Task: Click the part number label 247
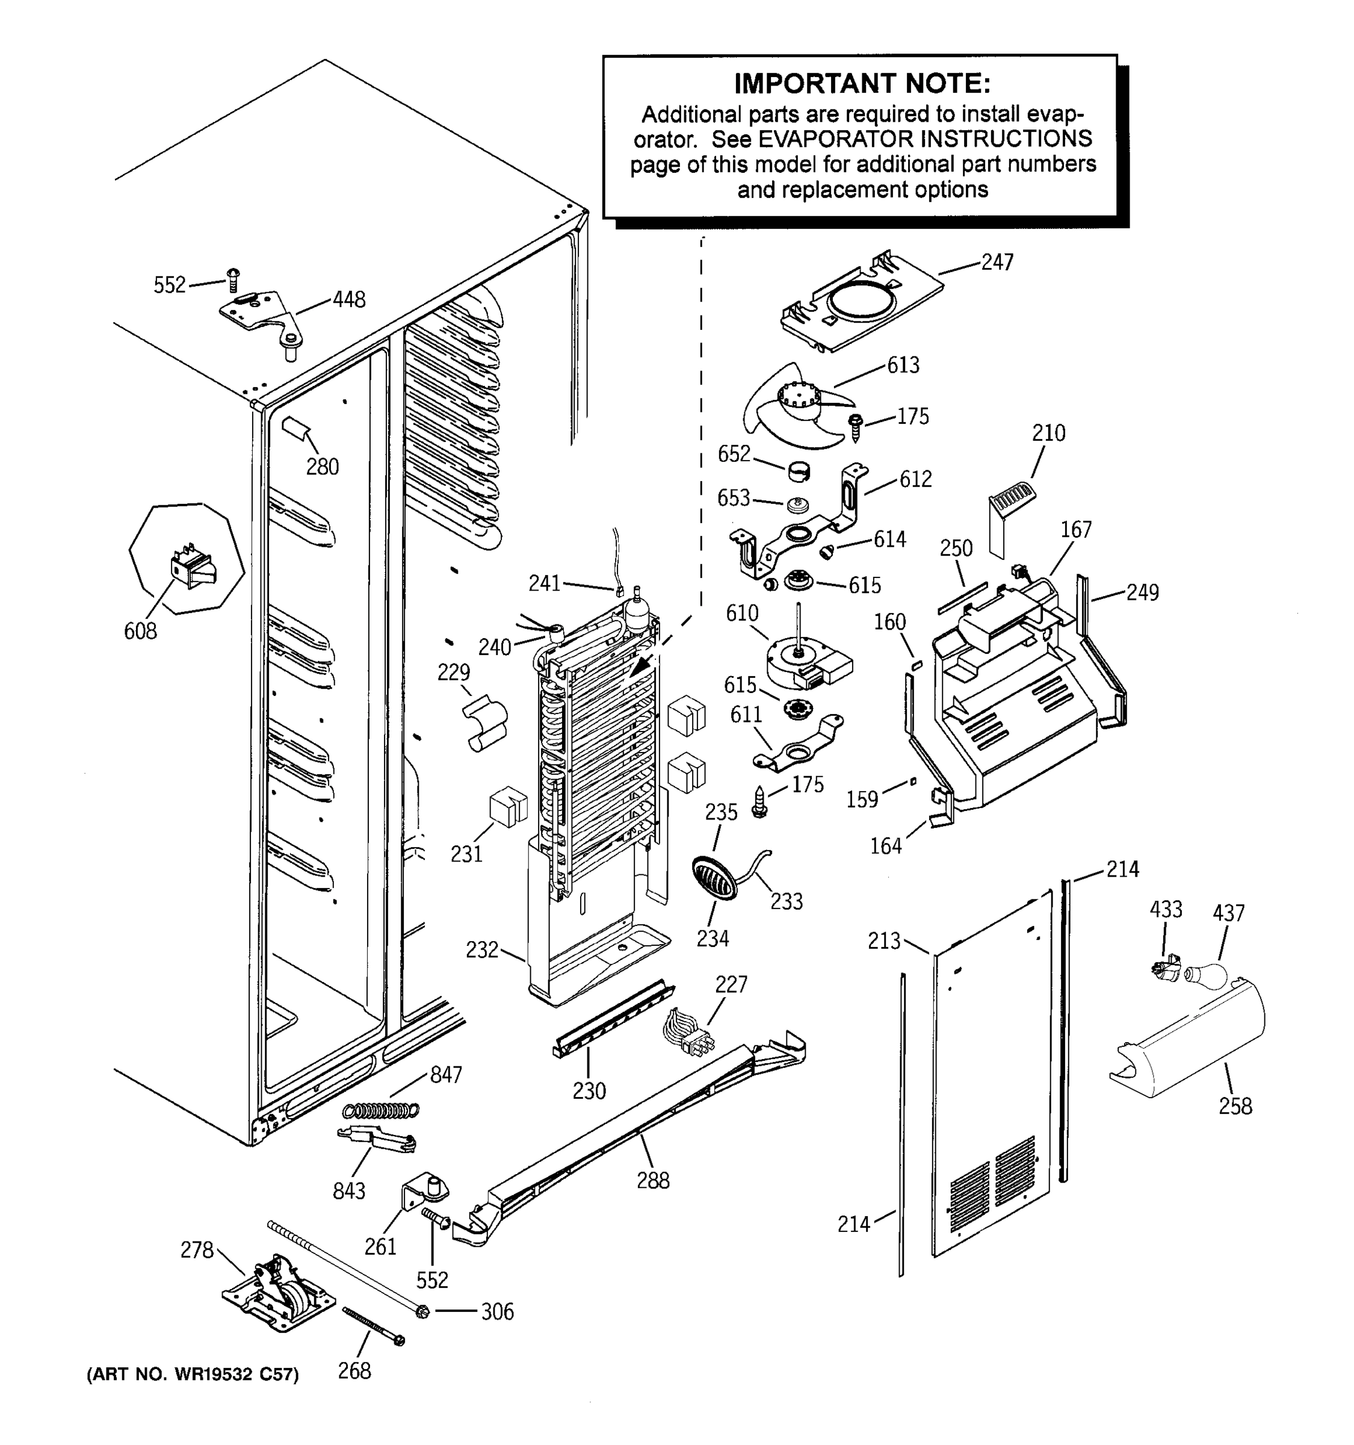pyautogui.click(x=997, y=263)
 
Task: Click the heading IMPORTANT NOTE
pyautogui.click(x=862, y=84)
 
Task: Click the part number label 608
pyautogui.click(x=140, y=631)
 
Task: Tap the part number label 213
pyautogui.click(x=884, y=941)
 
